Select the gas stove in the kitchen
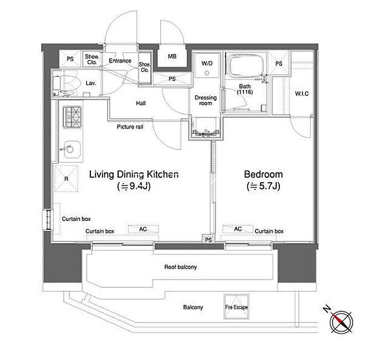72,117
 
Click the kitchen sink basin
72,150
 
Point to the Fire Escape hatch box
236,307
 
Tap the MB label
172,56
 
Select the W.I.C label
302,94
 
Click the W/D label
207,63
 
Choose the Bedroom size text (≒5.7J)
263,186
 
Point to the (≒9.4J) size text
134,186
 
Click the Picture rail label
130,127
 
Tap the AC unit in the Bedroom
238,229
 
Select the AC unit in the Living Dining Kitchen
143,229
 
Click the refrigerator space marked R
66,178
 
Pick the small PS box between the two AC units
208,239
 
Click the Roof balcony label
181,267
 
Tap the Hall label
141,103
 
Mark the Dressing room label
206,100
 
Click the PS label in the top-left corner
70,59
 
